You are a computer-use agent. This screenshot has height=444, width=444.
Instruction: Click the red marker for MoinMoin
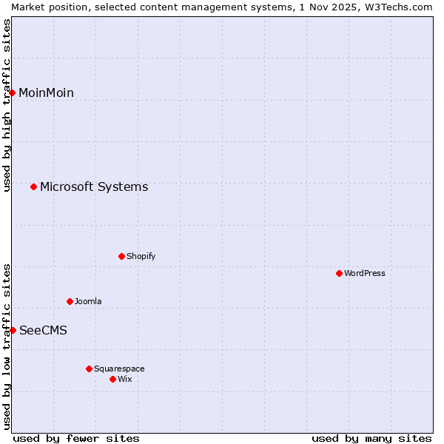13,92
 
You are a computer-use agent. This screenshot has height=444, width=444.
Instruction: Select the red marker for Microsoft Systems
33,186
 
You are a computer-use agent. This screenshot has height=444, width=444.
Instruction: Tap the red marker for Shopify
121,256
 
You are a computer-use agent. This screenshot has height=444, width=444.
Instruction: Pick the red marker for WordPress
339,273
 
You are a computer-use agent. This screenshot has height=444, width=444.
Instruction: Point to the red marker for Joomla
70,301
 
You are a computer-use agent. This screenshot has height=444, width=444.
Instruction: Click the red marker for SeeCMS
13,330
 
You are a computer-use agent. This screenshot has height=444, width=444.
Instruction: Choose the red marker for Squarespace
89,369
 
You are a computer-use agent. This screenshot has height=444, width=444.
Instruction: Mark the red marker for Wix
112,379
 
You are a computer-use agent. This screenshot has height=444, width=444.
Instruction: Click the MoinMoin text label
46,92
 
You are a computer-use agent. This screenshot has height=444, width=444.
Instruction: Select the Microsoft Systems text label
94,186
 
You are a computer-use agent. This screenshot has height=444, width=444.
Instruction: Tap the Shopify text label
141,256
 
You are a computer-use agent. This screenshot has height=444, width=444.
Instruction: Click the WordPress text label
365,273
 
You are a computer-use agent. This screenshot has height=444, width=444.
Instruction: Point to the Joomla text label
88,301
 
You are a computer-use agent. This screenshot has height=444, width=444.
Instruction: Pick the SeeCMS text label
43,330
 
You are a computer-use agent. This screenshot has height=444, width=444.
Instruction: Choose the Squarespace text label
119,369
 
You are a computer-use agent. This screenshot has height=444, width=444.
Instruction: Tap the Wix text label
124,379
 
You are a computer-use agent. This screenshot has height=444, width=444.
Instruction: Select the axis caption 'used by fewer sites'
76,438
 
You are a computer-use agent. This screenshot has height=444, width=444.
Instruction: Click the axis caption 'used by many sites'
371,438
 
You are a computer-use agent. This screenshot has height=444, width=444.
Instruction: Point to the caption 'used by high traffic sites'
7,104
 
